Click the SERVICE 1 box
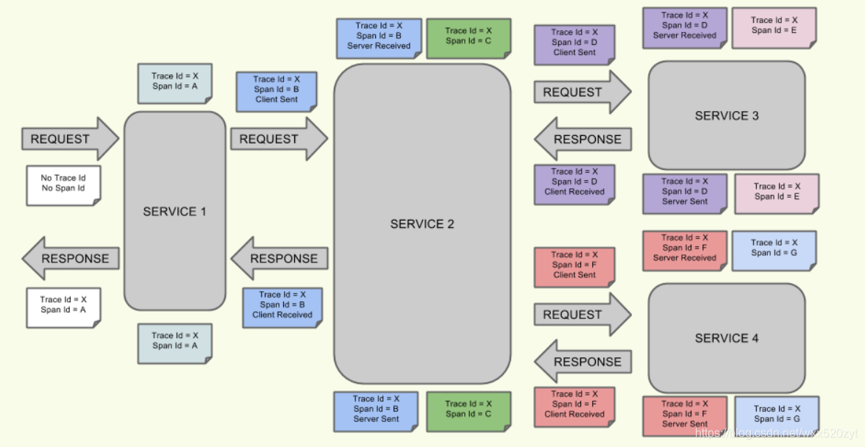click(174, 211)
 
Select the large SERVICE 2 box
click(422, 223)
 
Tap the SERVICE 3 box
click(726, 115)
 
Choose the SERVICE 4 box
click(726, 338)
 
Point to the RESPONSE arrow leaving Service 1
click(70, 258)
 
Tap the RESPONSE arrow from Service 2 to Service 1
click(280, 258)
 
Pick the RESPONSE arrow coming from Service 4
click(582, 362)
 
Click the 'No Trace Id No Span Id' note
click(63, 184)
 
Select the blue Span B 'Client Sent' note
click(276, 90)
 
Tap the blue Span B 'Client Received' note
click(282, 305)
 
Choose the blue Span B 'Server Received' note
click(378, 36)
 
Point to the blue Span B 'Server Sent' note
click(376, 410)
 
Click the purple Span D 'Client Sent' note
click(574, 43)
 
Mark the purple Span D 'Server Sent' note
click(684, 192)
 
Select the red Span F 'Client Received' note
click(574, 404)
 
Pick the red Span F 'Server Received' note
click(684, 248)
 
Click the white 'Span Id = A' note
click(63, 306)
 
